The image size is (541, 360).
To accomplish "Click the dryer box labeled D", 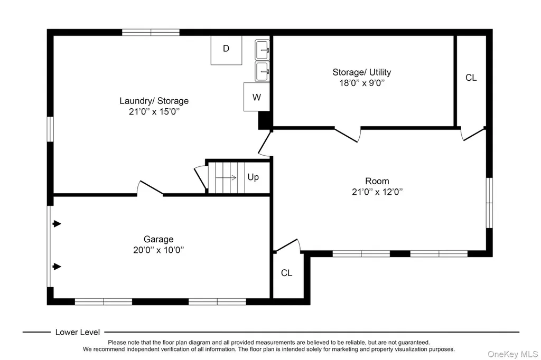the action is coord(226,50).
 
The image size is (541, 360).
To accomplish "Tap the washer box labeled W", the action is coord(256,97).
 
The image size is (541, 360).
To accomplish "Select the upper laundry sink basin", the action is coord(262,50).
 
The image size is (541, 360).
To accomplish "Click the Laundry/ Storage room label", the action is coord(154,101).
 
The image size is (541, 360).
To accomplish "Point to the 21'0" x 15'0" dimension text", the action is coord(154,111).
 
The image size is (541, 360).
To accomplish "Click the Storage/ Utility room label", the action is coord(361,72).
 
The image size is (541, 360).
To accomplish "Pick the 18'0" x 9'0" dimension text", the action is coord(362,83).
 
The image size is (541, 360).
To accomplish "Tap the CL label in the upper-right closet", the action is coord(471,78).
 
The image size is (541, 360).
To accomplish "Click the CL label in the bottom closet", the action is coord(286,273).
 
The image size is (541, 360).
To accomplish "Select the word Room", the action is coord(377,181).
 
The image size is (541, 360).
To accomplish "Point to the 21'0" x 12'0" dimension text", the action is coord(377,192).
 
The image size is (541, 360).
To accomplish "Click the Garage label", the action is coord(158,239).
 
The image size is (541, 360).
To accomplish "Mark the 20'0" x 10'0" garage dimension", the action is coord(158,250).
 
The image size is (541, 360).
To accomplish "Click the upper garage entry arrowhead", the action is coord(57,224).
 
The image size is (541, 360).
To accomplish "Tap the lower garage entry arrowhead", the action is coord(57,267).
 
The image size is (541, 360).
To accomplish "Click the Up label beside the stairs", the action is coord(253,177).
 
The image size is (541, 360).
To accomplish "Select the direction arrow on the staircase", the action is coord(226,177).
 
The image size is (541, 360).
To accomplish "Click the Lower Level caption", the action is coord(78,332).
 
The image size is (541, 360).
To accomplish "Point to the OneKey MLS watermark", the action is coord(512,354).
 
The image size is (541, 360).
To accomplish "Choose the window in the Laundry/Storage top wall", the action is coord(151,32).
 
